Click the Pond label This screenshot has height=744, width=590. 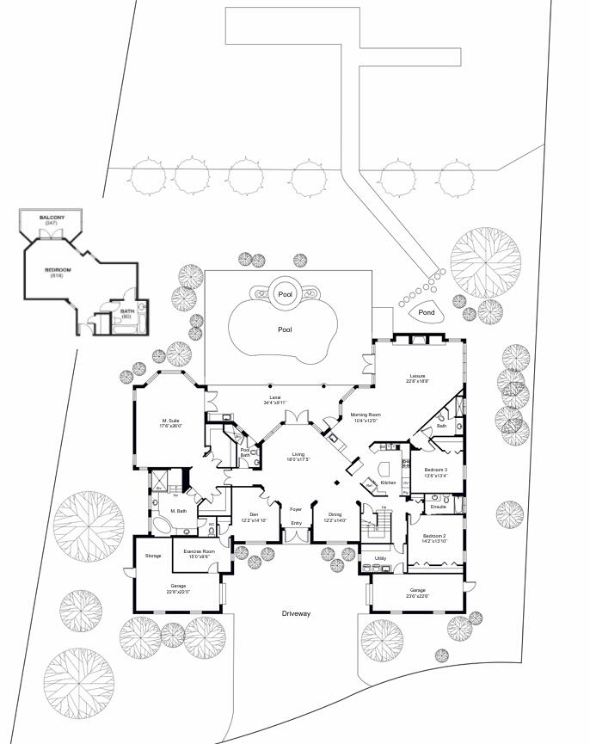click(x=427, y=313)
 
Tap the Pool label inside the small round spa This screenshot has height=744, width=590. click(x=286, y=294)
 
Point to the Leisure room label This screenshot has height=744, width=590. click(x=418, y=376)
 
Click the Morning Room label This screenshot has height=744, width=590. click(x=366, y=415)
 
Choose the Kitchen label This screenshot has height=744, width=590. click(x=388, y=483)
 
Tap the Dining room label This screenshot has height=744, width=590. click(x=335, y=515)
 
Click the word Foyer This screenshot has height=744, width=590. click(x=296, y=508)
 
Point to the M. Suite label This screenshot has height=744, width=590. click(x=169, y=421)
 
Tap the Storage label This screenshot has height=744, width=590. click(x=153, y=556)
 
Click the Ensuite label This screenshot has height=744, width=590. click(x=439, y=507)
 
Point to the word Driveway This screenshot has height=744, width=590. click(x=296, y=613)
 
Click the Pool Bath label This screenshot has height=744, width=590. click(x=245, y=452)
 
